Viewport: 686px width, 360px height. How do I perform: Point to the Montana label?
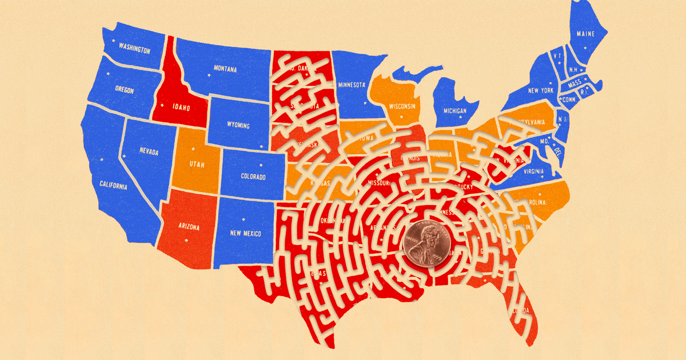(x=225, y=69)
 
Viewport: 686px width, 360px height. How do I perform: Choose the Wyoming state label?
(x=238, y=125)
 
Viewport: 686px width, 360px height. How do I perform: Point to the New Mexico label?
(x=245, y=233)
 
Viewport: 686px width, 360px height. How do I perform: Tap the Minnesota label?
(x=352, y=86)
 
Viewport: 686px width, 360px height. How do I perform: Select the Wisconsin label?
(x=402, y=107)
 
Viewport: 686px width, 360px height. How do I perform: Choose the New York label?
(x=540, y=91)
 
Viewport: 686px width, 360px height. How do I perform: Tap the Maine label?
(x=585, y=34)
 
